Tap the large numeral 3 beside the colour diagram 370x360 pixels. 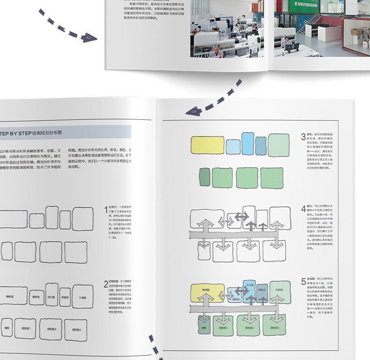[x=303, y=137]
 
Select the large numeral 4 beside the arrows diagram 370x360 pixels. [x=303, y=210]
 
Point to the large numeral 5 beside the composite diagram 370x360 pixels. [x=303, y=282]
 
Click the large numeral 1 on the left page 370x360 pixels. [x=106, y=211]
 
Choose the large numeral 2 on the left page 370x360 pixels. [x=106, y=284]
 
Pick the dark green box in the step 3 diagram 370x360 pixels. [x=204, y=178]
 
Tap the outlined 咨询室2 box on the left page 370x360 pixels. [x=51, y=329]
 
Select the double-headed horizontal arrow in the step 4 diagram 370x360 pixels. [x=241, y=216]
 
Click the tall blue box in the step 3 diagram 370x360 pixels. [x=248, y=142]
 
